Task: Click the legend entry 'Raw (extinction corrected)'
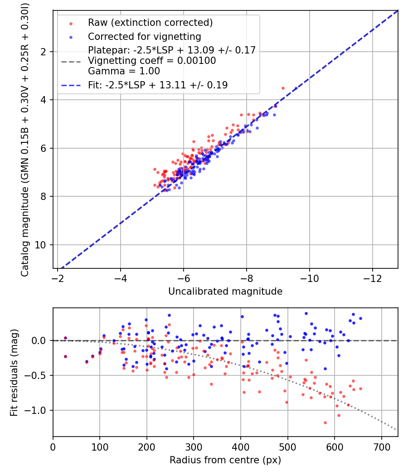(x=150, y=23)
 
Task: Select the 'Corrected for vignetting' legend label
(x=145, y=36)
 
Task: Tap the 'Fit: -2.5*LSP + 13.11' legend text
(x=158, y=85)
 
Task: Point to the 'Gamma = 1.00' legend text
(x=124, y=71)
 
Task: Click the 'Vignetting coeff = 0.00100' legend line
(x=152, y=60)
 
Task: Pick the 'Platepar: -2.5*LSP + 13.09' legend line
(x=172, y=50)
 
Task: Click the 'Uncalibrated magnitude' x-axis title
(x=225, y=291)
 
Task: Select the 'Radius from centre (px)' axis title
(x=225, y=460)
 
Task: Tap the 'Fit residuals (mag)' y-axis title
(x=14, y=373)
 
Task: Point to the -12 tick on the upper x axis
(x=373, y=278)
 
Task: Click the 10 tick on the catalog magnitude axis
(x=40, y=245)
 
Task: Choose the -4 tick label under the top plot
(x=120, y=278)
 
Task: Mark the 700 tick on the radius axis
(x=381, y=447)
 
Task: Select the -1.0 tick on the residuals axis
(x=35, y=410)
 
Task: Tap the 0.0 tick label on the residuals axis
(x=39, y=340)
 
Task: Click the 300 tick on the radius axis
(x=194, y=447)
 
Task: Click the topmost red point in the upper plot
(x=283, y=88)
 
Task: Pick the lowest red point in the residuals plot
(x=325, y=423)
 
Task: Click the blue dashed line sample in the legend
(x=71, y=85)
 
